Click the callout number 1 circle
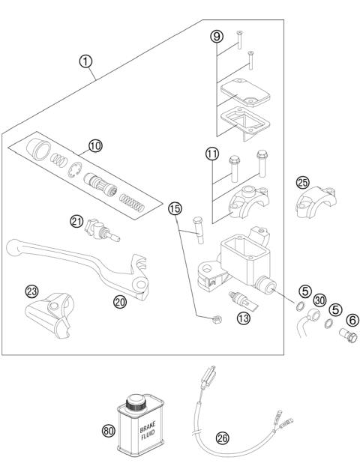85,61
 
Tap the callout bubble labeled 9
217,36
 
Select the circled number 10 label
95,146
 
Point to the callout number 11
212,154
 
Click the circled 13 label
244,318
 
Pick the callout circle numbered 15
175,208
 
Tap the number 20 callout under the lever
120,302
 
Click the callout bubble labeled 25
303,183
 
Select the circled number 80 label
109,430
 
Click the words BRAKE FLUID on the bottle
148,429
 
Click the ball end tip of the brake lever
13,247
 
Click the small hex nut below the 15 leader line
216,319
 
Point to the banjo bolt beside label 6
349,335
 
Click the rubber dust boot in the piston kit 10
39,149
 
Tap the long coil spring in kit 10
132,203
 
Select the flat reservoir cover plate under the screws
245,92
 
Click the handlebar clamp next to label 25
316,202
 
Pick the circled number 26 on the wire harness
222,438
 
